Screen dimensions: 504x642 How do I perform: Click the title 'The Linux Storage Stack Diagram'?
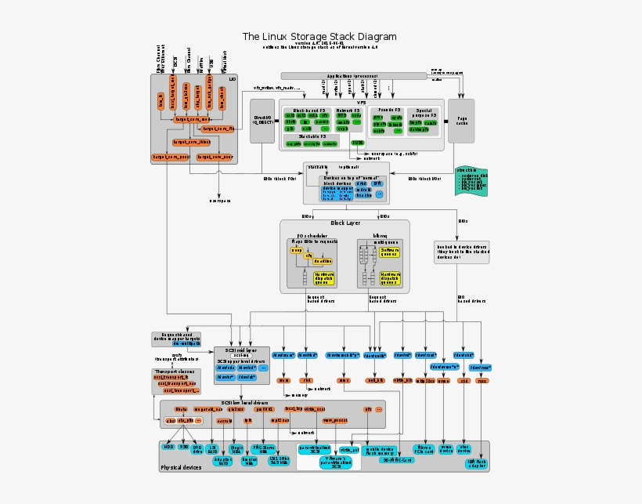[319, 36]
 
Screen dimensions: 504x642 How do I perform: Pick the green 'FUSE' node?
[357, 143]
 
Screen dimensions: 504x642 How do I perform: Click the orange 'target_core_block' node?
[192, 142]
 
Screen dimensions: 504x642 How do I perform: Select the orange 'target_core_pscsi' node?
[170, 157]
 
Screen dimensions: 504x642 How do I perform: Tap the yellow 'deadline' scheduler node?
[323, 261]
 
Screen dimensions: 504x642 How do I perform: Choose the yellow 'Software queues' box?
[391, 252]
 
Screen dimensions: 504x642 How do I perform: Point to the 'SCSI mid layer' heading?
[240, 350]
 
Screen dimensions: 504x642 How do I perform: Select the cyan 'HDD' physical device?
[168, 446]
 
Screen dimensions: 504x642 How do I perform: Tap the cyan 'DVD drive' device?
[197, 448]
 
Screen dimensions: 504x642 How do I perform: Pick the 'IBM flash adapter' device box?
[476, 463]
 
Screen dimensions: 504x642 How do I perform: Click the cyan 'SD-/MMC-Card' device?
[396, 460]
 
